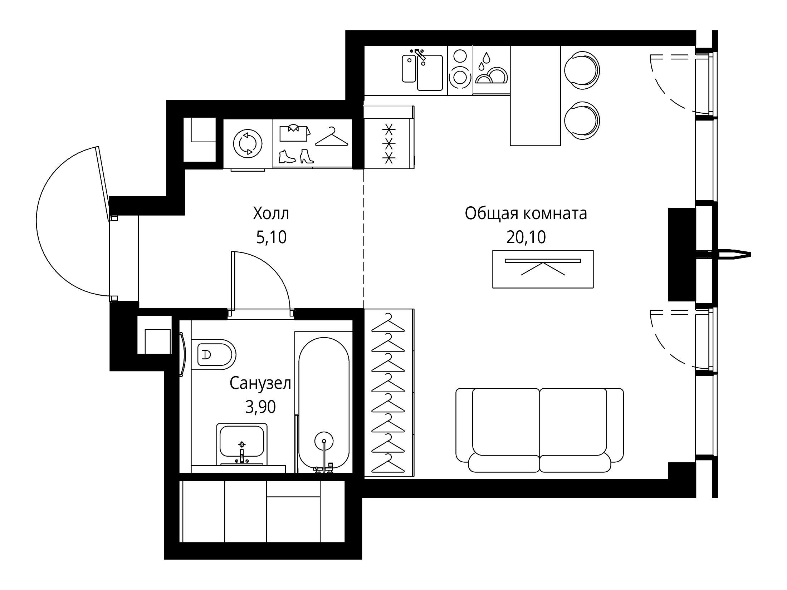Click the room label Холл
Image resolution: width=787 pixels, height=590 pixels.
(x=271, y=214)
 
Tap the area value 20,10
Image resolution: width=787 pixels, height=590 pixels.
(x=526, y=237)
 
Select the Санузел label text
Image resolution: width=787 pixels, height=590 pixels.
(x=260, y=384)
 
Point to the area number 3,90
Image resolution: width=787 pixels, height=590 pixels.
(x=260, y=407)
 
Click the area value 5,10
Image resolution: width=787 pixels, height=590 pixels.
(x=271, y=237)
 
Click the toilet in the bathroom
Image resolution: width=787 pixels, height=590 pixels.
(x=214, y=354)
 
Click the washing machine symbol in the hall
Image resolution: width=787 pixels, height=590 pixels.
(x=248, y=143)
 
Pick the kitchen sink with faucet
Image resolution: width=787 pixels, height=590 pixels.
(x=422, y=70)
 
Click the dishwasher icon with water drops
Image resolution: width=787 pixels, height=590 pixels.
(x=491, y=70)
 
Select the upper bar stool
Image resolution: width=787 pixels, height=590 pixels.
(x=582, y=70)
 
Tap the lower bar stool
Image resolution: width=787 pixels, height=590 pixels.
(x=582, y=120)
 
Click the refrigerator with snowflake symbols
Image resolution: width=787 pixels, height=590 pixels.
(x=389, y=143)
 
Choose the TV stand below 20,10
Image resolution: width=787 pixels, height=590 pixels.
(x=543, y=269)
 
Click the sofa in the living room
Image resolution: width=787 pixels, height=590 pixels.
(x=539, y=430)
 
